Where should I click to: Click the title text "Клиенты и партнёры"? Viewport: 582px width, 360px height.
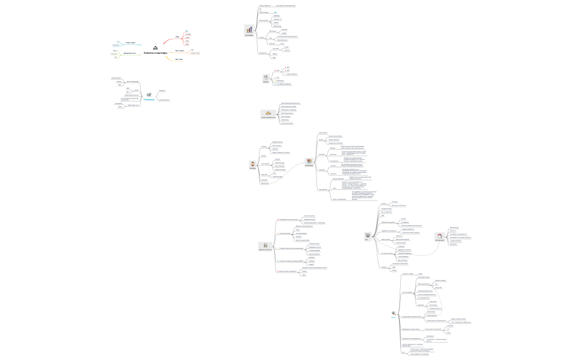155,53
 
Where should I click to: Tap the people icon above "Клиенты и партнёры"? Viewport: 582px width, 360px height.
155,48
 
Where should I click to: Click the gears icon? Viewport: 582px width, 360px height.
149,95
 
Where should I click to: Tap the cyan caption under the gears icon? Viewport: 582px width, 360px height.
149,100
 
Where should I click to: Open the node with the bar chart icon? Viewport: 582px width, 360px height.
249,30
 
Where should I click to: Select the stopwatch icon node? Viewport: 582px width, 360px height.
266,78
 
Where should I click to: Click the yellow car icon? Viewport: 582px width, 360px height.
268,114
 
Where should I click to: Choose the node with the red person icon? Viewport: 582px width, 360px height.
253,164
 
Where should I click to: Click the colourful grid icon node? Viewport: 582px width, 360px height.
309,162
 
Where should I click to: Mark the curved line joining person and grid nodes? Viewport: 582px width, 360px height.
288,174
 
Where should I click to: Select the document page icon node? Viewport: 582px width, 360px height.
266,246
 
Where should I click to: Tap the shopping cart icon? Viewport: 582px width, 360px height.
367,236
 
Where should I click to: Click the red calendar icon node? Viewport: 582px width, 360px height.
440,236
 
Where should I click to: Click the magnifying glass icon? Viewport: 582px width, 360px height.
394,313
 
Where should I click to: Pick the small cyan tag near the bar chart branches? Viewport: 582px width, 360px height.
275,12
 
